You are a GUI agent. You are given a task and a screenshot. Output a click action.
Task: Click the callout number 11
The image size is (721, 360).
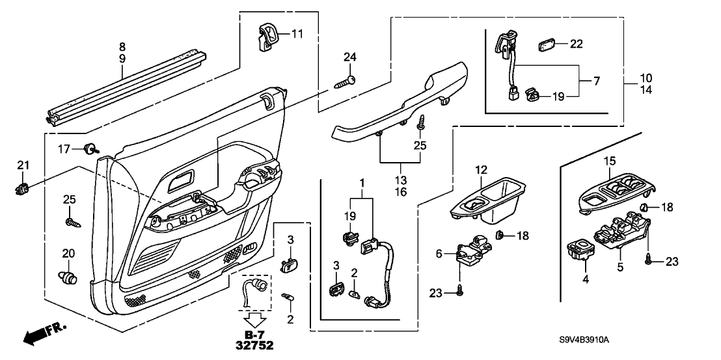click(297, 34)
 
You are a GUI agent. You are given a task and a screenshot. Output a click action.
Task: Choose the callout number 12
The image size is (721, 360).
click(480, 170)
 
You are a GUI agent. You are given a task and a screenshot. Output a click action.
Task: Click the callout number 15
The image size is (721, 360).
click(609, 160)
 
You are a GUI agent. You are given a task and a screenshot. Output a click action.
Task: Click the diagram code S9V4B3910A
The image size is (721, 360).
click(584, 340)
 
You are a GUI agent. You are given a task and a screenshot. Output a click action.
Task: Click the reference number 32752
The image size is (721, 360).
click(254, 345)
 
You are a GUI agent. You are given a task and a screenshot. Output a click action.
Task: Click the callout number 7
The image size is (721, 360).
click(596, 81)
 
